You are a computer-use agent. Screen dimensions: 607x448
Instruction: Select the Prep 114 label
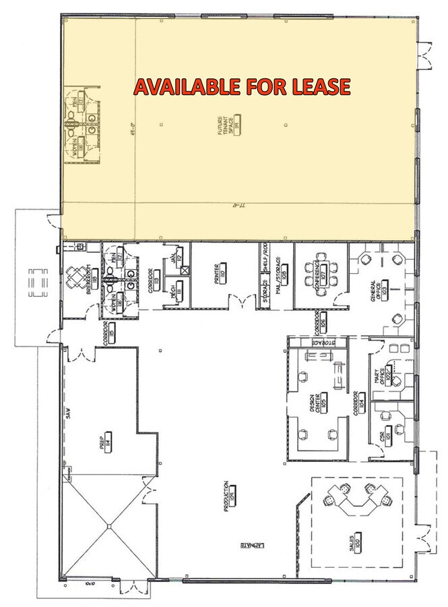(x=106, y=442)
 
